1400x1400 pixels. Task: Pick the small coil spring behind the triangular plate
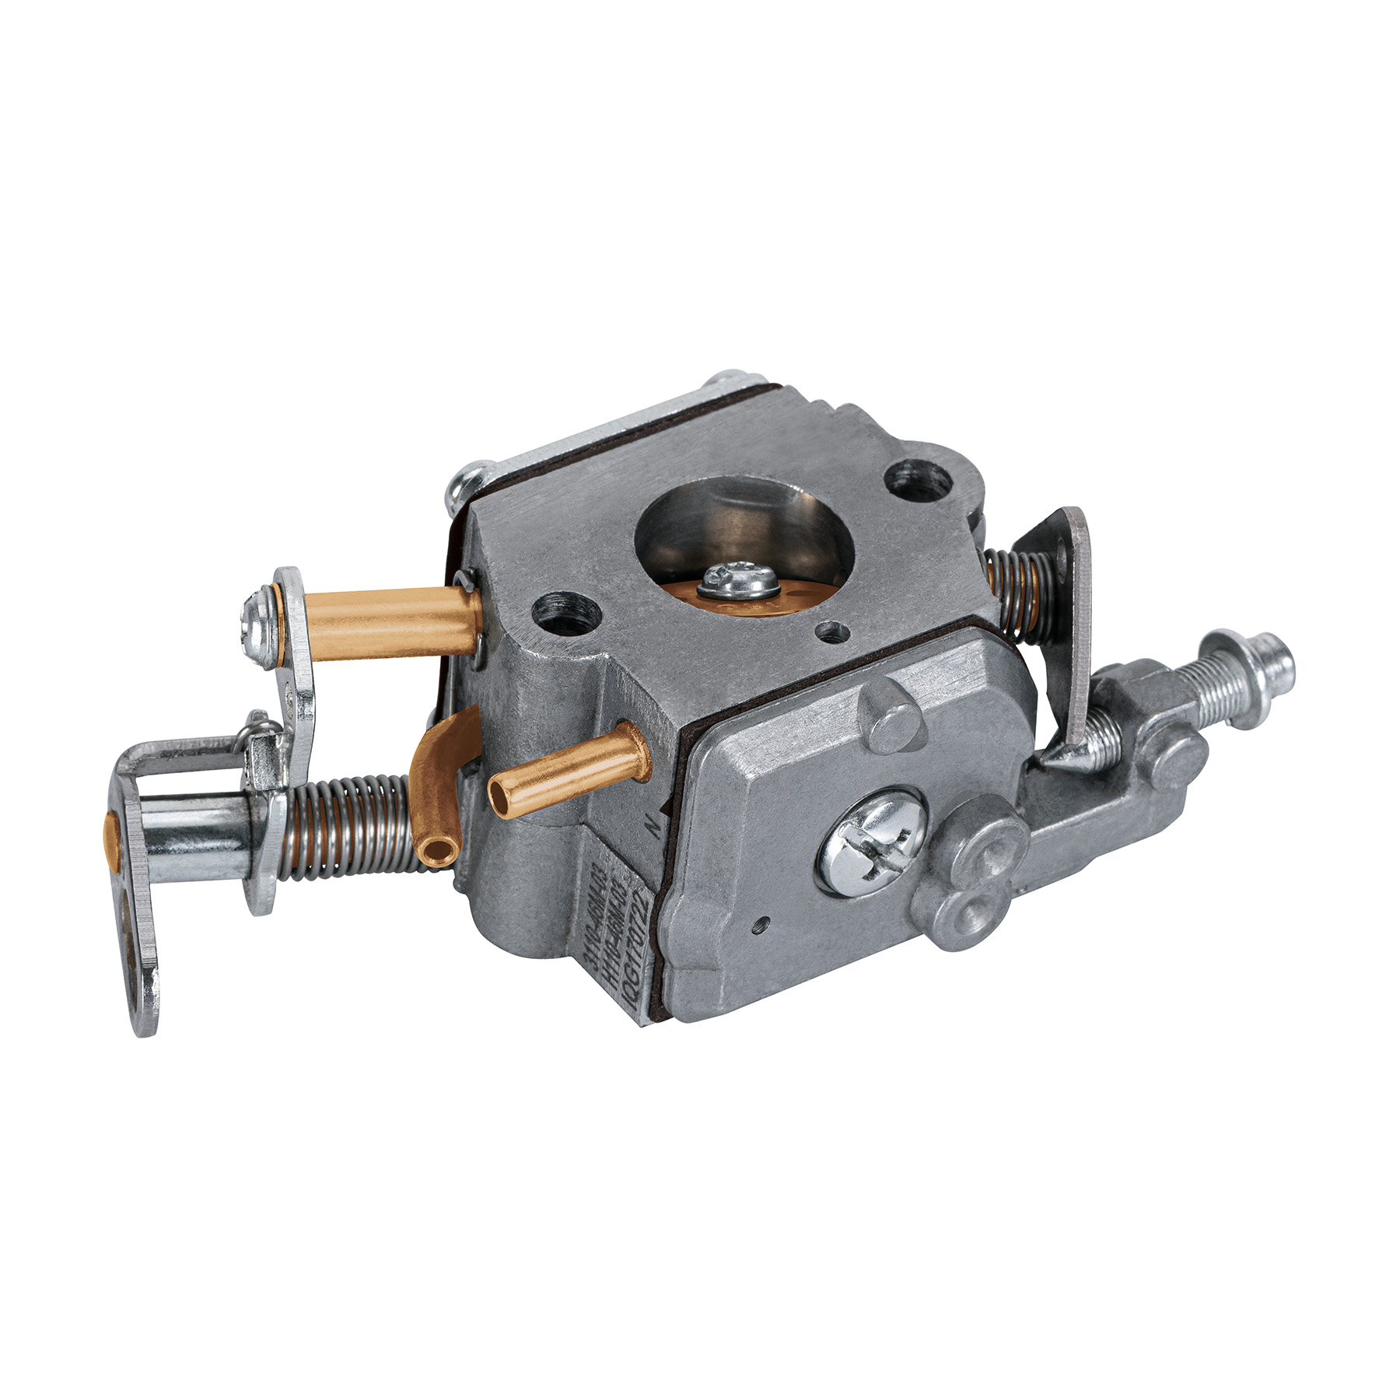click(x=1012, y=586)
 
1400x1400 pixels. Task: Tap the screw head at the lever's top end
click(x=257, y=614)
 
